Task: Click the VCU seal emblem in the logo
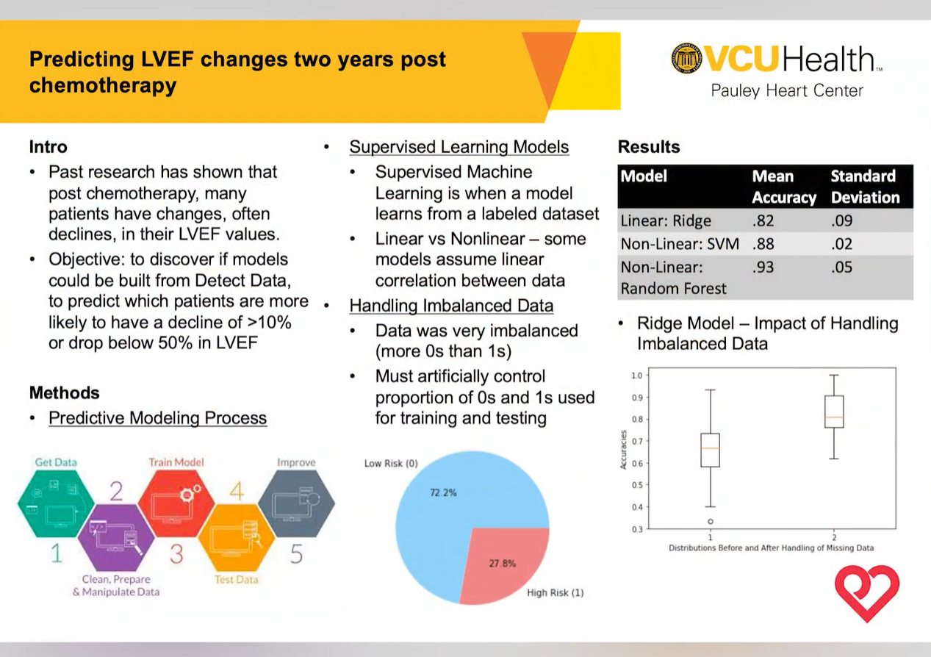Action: (686, 58)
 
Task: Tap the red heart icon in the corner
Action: (867, 592)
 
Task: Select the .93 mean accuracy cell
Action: (763, 267)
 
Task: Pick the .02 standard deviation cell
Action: (841, 243)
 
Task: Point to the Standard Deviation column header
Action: (865, 187)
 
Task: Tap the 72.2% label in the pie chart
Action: (443, 492)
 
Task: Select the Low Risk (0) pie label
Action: (391, 464)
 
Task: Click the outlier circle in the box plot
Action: (711, 521)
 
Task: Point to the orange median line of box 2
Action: (834, 417)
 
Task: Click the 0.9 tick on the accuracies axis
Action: (636, 398)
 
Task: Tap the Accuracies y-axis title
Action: (624, 450)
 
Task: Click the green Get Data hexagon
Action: (56, 505)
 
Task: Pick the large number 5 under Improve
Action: (296, 553)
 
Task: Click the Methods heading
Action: (64, 392)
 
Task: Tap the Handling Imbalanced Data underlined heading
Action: (451, 306)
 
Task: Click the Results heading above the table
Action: (649, 147)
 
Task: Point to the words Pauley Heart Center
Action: (786, 91)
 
